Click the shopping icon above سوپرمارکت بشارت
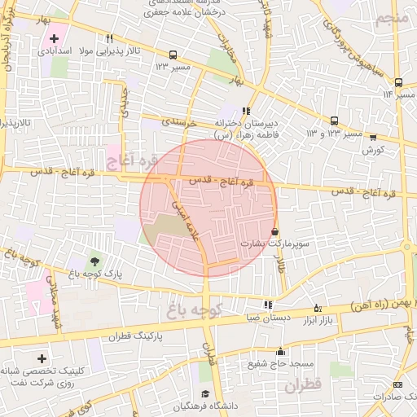click(x=274, y=231)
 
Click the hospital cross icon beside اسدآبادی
click(x=55, y=38)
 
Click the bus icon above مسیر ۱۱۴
click(x=398, y=82)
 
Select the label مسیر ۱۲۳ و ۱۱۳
click(x=334, y=133)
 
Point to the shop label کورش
click(x=373, y=150)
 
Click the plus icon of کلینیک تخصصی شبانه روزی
click(x=42, y=358)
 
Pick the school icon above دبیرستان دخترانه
click(x=246, y=111)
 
